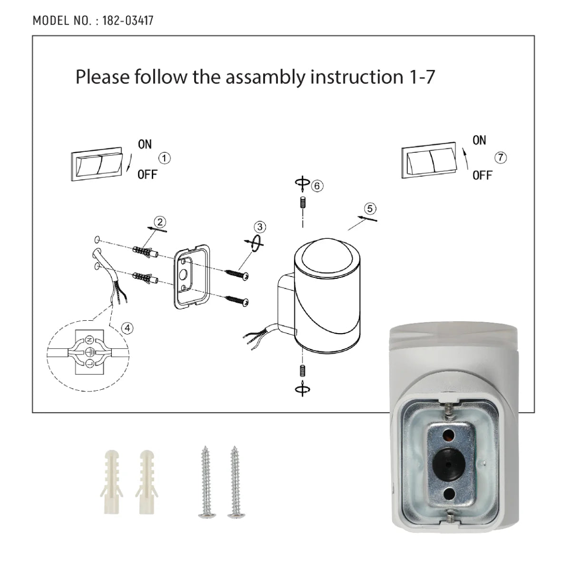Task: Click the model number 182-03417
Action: pyautogui.click(x=127, y=21)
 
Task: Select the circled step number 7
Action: pyautogui.click(x=501, y=158)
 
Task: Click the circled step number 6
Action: pyautogui.click(x=317, y=186)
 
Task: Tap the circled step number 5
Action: pyautogui.click(x=370, y=208)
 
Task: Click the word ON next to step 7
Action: pyautogui.click(x=479, y=140)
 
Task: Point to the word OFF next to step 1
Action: pyautogui.click(x=147, y=175)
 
